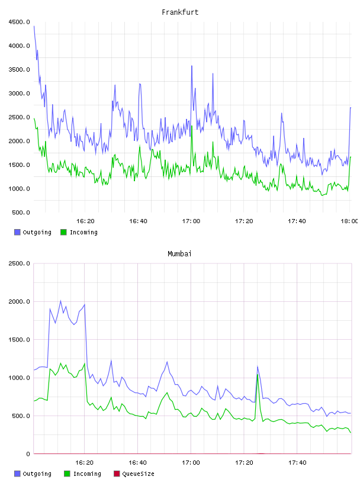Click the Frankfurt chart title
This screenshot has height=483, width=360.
(180, 12)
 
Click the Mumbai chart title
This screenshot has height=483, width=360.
(179, 254)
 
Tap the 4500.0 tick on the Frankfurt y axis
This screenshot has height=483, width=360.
(20, 22)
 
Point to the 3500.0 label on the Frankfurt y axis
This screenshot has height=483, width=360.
(20, 70)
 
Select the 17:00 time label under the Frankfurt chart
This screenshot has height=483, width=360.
(191, 221)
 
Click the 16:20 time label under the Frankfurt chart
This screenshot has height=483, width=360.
(85, 221)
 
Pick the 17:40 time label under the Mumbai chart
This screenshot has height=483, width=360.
(297, 463)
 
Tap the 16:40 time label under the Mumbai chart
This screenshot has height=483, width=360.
(137, 463)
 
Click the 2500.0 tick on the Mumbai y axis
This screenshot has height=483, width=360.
(20, 263)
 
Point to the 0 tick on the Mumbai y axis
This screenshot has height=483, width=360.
(28, 454)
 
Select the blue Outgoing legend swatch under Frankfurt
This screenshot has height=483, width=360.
(17, 232)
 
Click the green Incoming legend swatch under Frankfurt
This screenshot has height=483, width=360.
(63, 232)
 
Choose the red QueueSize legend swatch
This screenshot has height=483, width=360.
(117, 474)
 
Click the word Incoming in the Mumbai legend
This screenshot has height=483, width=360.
(87, 474)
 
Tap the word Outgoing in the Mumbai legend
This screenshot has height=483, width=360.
(37, 474)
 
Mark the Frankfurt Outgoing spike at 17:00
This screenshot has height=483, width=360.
(192, 66)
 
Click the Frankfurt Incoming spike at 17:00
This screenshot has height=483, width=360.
(192, 126)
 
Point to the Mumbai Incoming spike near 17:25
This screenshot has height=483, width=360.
(258, 375)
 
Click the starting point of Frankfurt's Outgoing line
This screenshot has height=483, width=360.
(34, 26)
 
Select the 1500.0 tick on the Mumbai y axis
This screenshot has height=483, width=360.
(20, 340)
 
